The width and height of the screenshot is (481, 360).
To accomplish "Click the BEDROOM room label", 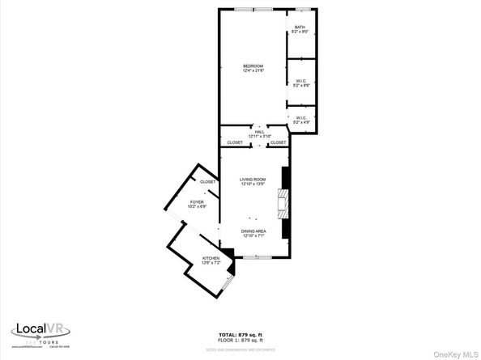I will tap(253, 66).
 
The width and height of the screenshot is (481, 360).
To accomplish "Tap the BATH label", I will tap(300, 28).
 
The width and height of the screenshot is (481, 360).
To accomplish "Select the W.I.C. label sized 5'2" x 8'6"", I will tap(300, 80).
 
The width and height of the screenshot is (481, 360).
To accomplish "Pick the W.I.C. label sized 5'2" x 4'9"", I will tap(300, 118).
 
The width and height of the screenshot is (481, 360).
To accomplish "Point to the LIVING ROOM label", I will tap(253, 179).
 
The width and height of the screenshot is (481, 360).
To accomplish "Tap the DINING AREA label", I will tap(253, 232).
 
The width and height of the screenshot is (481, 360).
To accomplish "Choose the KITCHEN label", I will tap(211, 258).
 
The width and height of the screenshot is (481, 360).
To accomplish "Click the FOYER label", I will tap(197, 201).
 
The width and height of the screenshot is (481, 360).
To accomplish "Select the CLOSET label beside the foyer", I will tap(208, 181).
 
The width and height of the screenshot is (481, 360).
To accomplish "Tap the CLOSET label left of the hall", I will tap(235, 142).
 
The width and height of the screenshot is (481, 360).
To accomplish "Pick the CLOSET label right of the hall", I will tap(278, 142).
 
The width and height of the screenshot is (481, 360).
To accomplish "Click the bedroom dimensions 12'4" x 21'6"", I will tap(253, 70).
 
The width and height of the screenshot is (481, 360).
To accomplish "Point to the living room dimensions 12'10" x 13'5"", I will tap(253, 184).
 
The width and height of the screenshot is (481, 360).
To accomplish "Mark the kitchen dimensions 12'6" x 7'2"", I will tap(211, 263).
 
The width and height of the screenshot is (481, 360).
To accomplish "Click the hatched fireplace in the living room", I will tap(283, 203).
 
